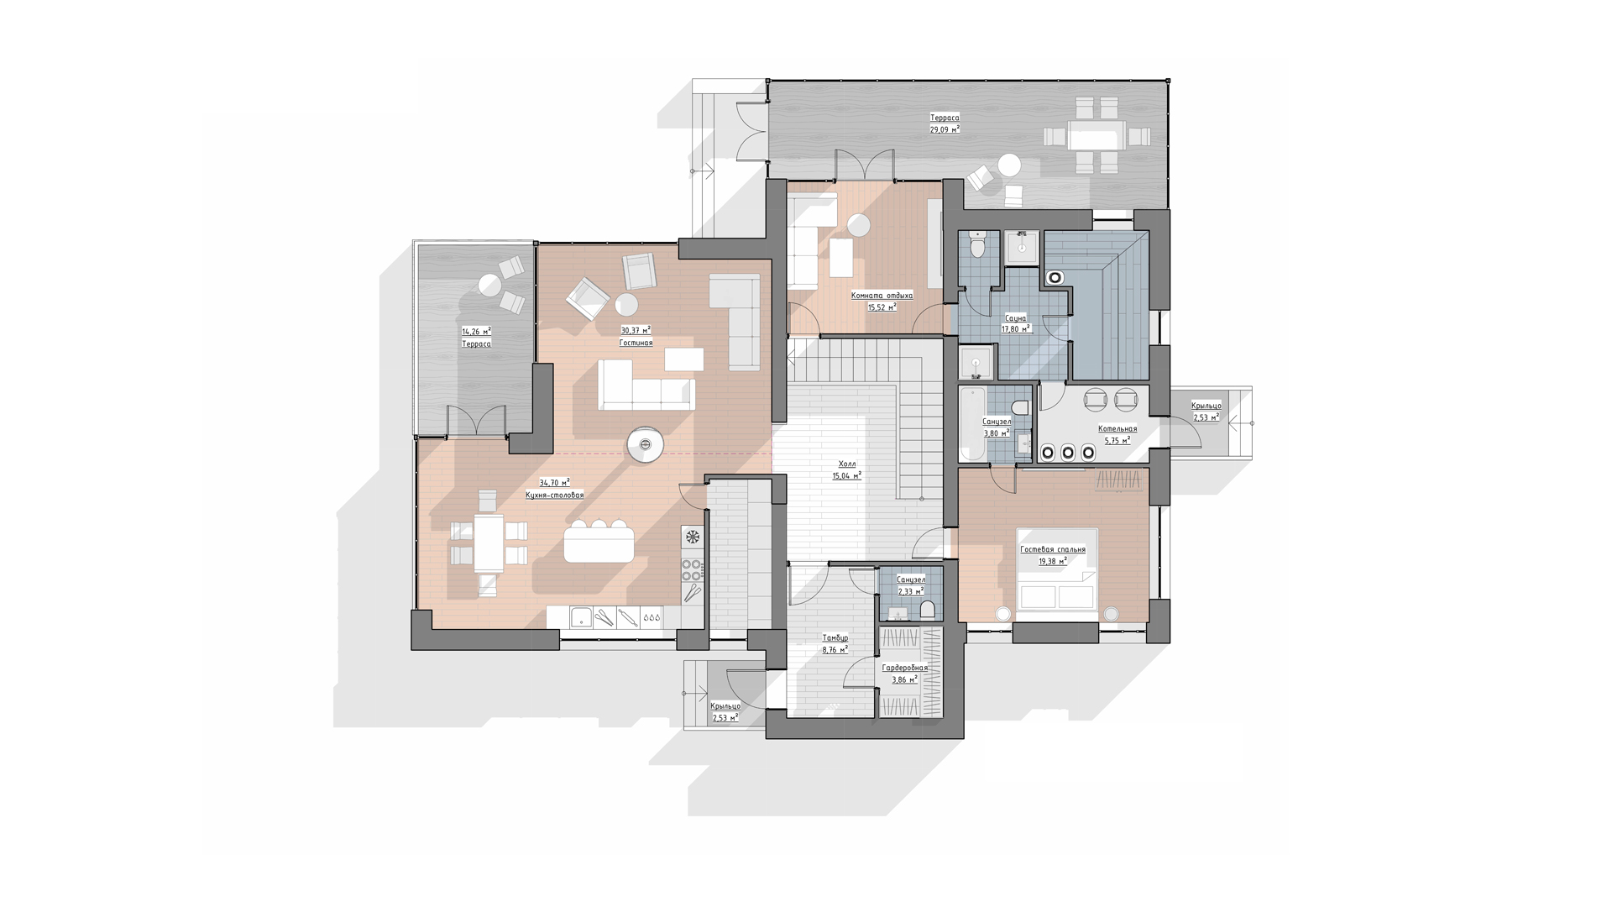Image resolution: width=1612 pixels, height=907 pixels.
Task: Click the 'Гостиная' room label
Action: tap(636, 343)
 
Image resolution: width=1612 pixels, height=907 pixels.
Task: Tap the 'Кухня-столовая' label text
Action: tap(554, 495)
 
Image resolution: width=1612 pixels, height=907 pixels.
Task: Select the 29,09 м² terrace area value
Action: tap(945, 129)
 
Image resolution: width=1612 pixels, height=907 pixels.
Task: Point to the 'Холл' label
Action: tap(847, 464)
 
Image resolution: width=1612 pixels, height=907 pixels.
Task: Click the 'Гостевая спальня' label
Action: tap(1053, 549)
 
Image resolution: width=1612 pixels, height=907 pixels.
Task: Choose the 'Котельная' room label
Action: tap(1117, 428)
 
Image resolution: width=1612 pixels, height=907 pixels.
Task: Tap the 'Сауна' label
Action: tap(1016, 318)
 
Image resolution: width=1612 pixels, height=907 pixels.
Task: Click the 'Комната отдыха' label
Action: tap(882, 296)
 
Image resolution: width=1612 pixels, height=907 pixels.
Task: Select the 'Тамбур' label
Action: tap(835, 638)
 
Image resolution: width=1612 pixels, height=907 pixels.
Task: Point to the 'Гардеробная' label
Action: tap(905, 668)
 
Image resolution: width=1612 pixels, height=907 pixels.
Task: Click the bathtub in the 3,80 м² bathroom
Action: tap(972, 423)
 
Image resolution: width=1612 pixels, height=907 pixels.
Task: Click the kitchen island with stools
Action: tap(599, 542)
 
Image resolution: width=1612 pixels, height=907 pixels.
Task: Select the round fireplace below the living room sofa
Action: tap(646, 444)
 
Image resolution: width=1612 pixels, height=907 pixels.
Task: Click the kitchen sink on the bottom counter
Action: tap(578, 618)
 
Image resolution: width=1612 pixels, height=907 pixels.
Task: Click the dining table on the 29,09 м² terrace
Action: tap(1096, 135)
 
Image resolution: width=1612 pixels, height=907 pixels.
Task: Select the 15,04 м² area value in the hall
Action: tap(847, 476)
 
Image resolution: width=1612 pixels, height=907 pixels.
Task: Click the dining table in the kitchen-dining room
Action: tap(489, 543)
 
